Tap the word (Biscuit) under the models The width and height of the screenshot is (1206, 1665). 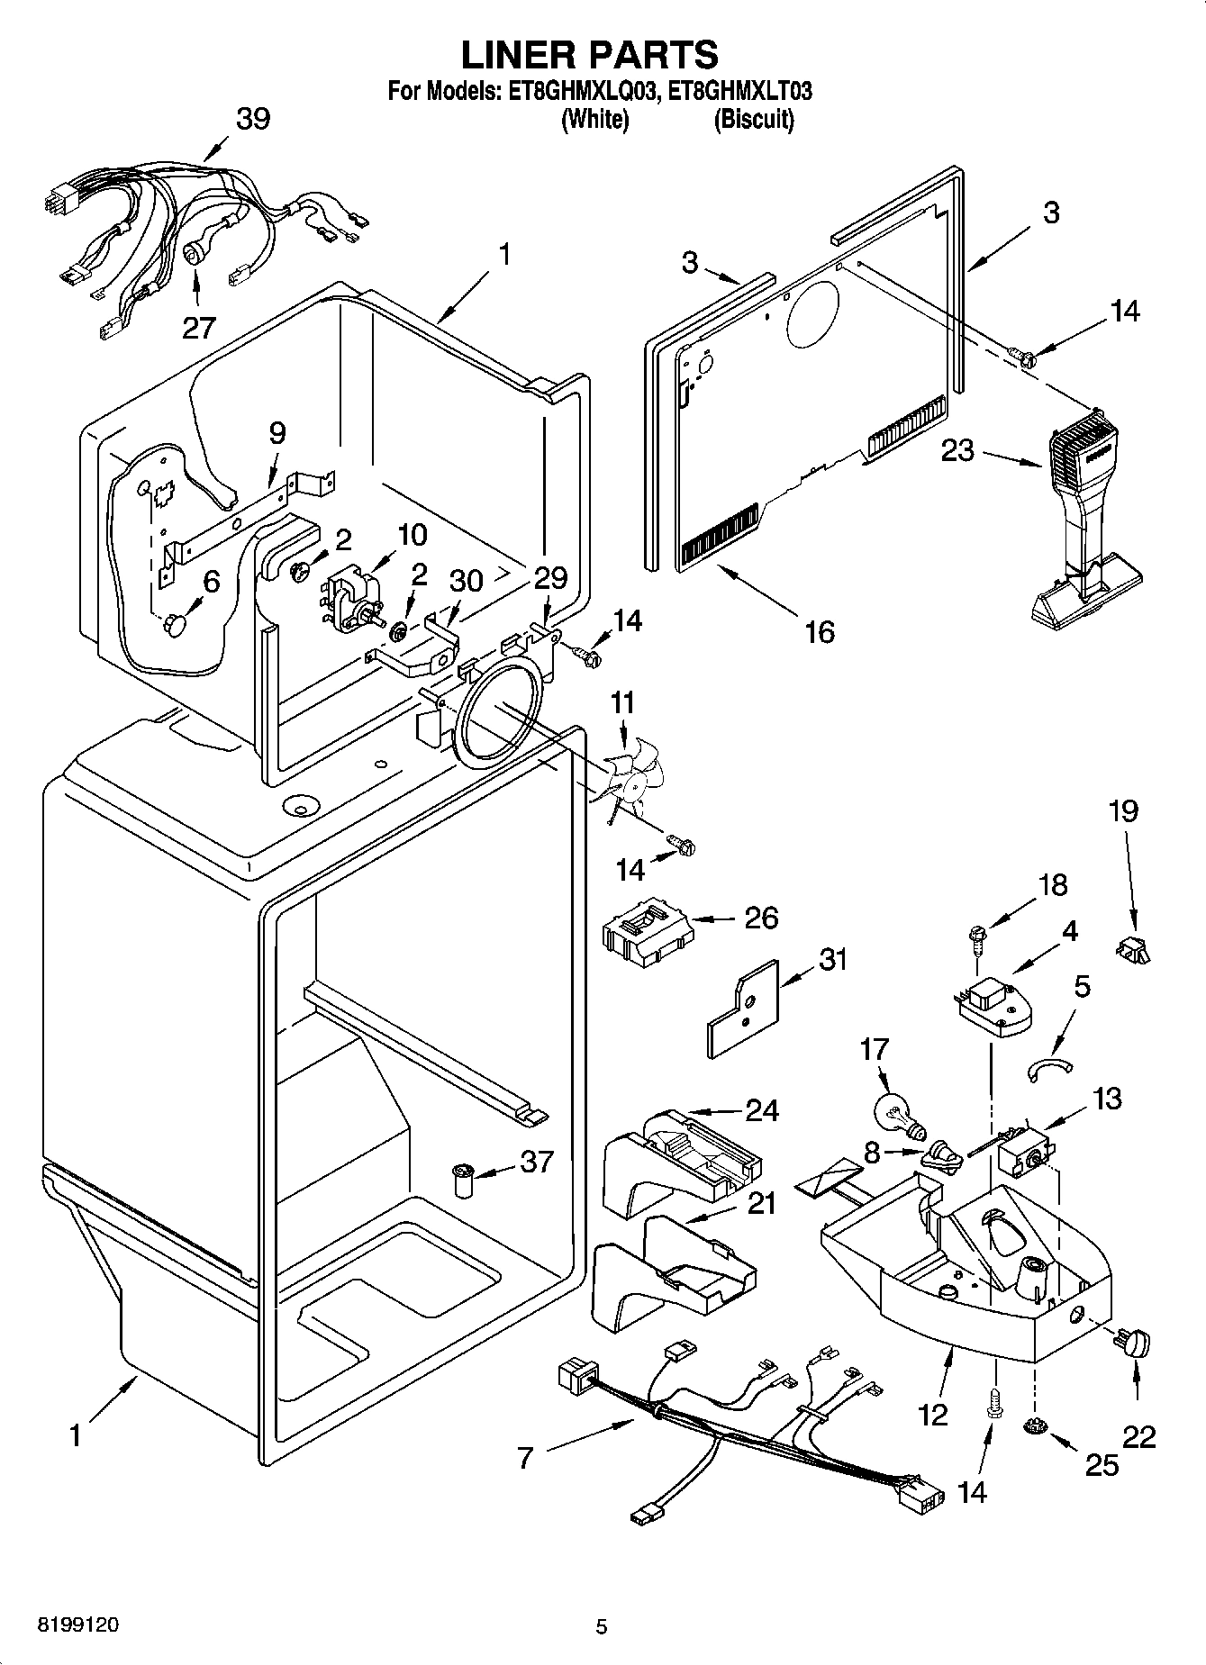pyautogui.click(x=754, y=120)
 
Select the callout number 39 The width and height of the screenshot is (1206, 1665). pyautogui.click(x=253, y=119)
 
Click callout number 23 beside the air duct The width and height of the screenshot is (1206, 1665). pyautogui.click(x=958, y=449)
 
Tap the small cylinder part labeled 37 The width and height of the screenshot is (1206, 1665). pyautogui.click(x=464, y=1179)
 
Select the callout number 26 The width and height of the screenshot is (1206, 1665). pyautogui.click(x=761, y=918)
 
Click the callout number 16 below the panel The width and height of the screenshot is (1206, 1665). pyautogui.click(x=820, y=631)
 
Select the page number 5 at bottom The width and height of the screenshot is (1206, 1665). pyautogui.click(x=602, y=1626)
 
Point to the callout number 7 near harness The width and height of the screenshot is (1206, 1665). pyautogui.click(x=527, y=1456)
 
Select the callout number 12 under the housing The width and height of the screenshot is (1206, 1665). pyautogui.click(x=933, y=1415)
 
